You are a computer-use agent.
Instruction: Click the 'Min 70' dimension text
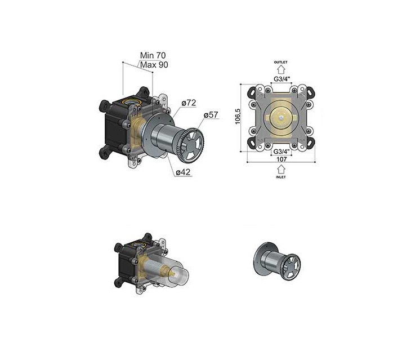pos(153,55)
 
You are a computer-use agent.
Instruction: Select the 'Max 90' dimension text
pos(154,65)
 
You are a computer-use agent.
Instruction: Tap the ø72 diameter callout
pos(189,103)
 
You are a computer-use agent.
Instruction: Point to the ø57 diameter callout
pos(211,115)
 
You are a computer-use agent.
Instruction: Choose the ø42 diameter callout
pos(183,172)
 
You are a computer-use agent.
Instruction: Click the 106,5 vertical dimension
pos(238,116)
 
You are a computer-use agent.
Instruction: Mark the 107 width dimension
pos(282,159)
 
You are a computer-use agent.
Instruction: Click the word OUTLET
pos(281,62)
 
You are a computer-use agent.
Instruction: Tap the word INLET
pos(281,177)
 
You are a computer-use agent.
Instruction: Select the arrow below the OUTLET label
pos(281,69)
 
